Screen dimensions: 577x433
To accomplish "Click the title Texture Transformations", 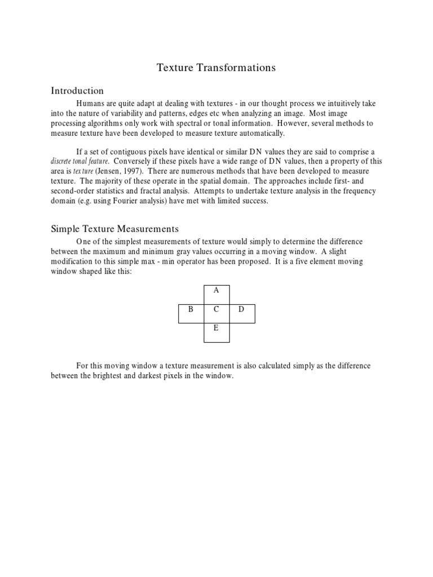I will pyautogui.click(x=216, y=68).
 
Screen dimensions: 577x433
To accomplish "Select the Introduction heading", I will pyautogui.click(x=77, y=91).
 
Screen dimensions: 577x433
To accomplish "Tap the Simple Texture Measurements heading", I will pyautogui.click(x=115, y=229).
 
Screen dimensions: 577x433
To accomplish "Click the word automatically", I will pyautogui.click(x=259, y=134).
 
